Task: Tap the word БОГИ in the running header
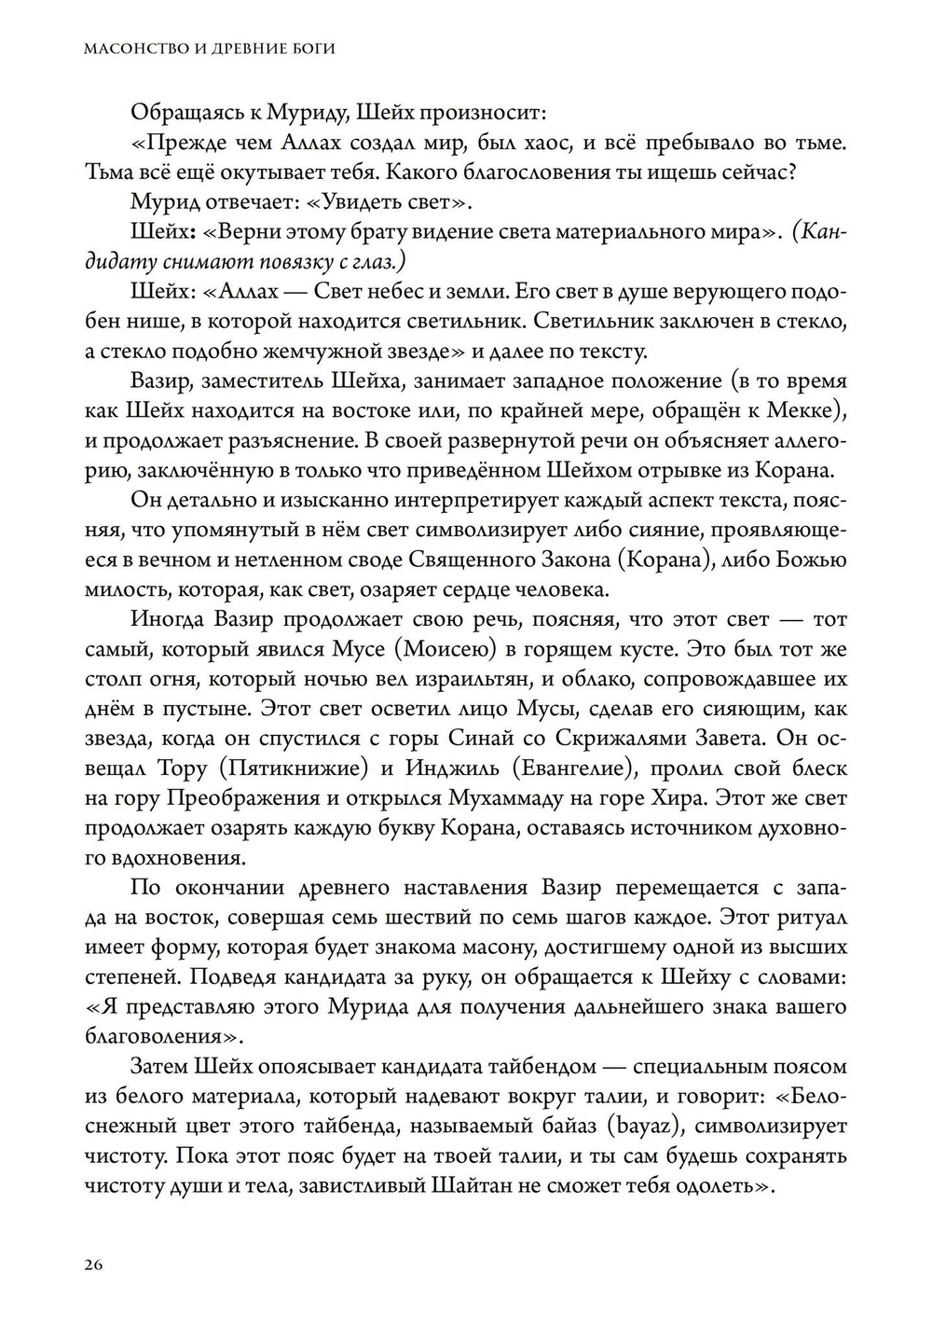pyautogui.click(x=314, y=48)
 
